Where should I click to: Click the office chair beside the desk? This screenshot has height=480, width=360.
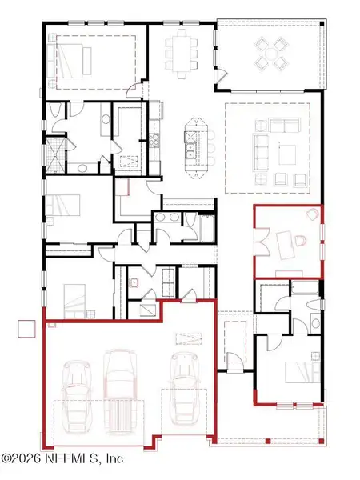coord(297,241)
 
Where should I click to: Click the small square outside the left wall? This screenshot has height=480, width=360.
coord(28,329)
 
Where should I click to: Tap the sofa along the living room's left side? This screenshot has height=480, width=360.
coord(260,144)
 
